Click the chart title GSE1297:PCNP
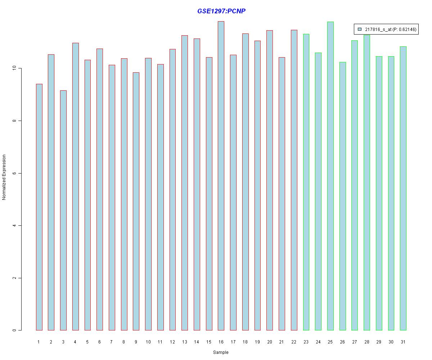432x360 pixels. (221, 11)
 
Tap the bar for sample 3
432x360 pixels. (63, 210)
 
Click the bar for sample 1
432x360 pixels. (39, 207)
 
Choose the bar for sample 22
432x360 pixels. (294, 180)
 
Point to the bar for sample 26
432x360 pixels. (342, 196)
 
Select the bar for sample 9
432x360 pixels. (136, 201)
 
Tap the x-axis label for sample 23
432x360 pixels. (306, 342)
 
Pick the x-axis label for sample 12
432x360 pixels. (172, 342)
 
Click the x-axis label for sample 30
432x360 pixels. (391, 342)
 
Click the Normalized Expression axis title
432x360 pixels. (4, 177)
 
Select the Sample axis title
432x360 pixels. (221, 352)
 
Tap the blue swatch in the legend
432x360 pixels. (359, 30)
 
